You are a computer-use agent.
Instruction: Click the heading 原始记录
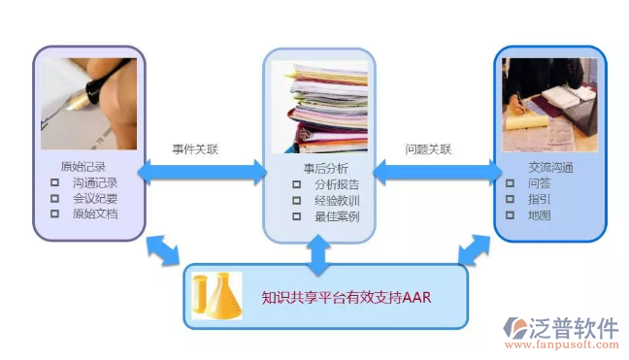click(x=83, y=166)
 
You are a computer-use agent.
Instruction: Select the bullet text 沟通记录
click(x=95, y=181)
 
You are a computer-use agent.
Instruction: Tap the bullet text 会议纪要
click(x=95, y=197)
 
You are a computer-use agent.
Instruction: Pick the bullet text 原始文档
click(x=95, y=213)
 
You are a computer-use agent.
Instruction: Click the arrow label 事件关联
click(x=196, y=149)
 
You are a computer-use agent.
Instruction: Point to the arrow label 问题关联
click(x=428, y=149)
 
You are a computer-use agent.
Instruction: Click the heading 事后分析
click(x=318, y=167)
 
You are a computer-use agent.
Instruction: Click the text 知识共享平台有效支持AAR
click(x=347, y=296)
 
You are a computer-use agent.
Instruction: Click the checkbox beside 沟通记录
click(x=54, y=182)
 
